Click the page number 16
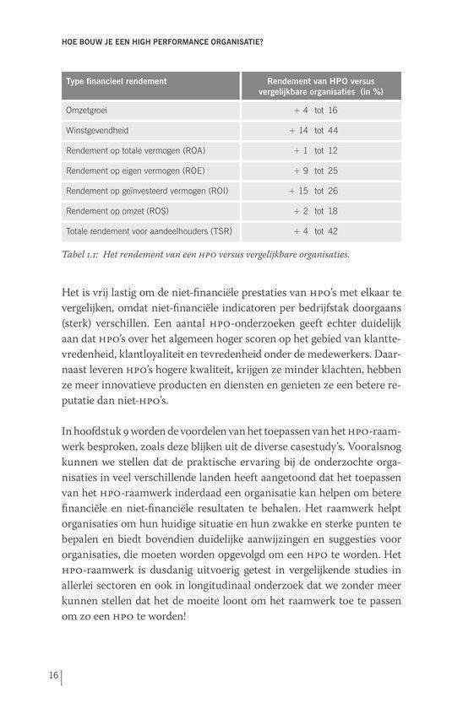point(52,674)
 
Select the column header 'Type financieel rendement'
point(116,82)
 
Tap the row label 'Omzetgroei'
point(86,111)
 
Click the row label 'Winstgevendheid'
point(97,131)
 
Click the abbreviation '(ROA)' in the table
point(193,151)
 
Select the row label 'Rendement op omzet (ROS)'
point(117,210)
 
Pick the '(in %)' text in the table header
point(369,91)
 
